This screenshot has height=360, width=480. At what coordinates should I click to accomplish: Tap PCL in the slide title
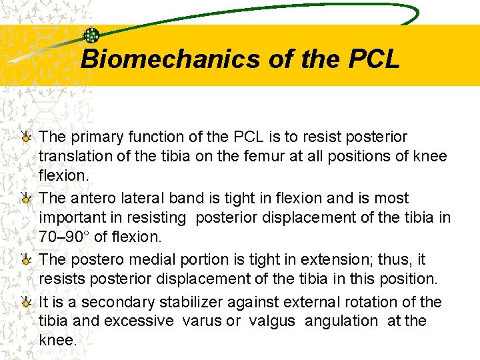374,59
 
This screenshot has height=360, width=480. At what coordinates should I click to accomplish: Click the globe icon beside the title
91,35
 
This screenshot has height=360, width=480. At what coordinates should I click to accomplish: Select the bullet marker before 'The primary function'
26,137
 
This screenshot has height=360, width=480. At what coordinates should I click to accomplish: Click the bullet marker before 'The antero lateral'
26,199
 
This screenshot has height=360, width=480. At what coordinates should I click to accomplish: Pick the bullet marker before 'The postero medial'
26,260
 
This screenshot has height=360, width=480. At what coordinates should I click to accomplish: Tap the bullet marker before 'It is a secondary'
26,303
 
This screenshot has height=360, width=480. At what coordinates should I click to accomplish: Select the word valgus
272,321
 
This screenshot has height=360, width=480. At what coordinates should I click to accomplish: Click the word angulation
341,321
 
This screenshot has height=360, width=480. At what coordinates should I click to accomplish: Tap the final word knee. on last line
58,339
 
